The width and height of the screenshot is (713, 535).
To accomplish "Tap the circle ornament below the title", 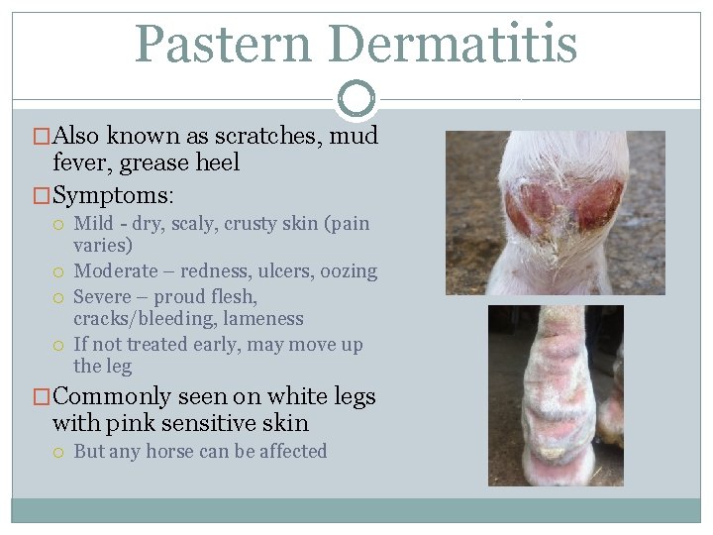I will (356, 98).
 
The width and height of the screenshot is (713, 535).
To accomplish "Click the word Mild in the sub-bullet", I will (93, 224).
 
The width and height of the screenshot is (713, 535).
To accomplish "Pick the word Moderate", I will (116, 270).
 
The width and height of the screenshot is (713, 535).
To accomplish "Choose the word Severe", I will (104, 296).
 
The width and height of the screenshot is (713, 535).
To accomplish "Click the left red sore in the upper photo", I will (532, 208).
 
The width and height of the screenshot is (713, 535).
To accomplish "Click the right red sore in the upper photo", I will (598, 205).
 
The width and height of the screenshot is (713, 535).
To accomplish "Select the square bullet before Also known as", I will (43, 137).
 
